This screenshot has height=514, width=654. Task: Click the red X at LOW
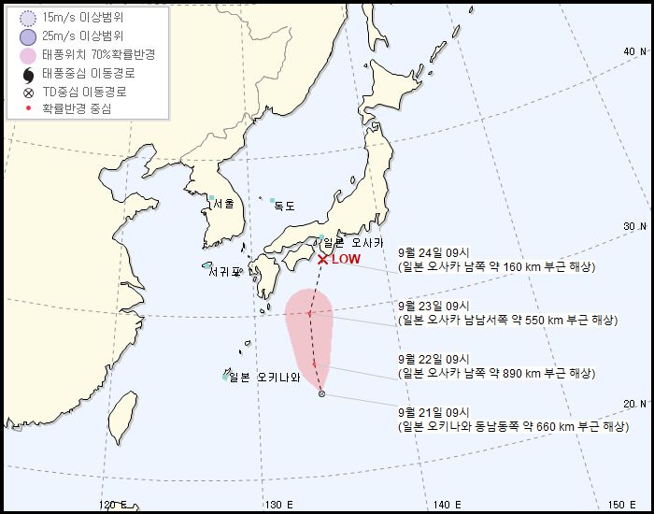322,260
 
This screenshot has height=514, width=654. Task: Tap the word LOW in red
346,260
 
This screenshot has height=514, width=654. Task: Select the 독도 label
284,206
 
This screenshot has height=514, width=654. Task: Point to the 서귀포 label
225,272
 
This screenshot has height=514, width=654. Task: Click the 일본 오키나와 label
264,378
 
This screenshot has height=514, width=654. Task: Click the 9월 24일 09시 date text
434,251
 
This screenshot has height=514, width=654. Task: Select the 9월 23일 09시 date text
434,305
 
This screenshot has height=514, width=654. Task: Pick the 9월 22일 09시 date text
434,358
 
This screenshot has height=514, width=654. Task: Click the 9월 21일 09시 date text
434,411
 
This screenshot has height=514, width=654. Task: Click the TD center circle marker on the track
321,394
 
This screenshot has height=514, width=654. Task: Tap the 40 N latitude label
635,50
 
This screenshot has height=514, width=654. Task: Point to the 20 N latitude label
635,403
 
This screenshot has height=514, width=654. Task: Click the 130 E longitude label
274,505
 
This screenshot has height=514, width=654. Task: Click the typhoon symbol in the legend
26,74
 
